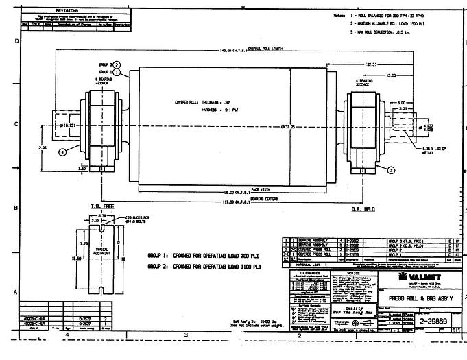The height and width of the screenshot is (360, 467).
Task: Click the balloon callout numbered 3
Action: (391, 169)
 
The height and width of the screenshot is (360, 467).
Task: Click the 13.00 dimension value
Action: (391, 75)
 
